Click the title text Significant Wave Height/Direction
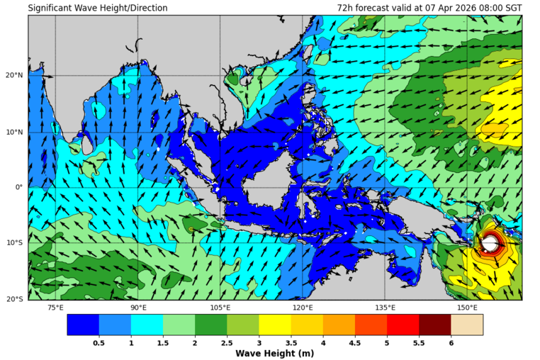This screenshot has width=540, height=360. click(x=98, y=8)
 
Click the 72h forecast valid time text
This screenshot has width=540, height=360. click(x=429, y=8)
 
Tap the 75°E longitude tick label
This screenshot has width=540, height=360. click(x=55, y=308)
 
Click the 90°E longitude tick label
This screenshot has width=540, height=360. click(x=138, y=308)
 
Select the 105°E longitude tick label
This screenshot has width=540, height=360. click(x=220, y=308)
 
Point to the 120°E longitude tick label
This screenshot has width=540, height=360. click(x=303, y=308)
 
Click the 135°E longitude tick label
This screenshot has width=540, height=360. click(x=385, y=308)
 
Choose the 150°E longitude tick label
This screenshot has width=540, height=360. click(x=467, y=308)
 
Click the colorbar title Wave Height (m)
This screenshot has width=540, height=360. click(x=275, y=353)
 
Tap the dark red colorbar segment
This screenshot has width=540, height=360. click(x=434, y=325)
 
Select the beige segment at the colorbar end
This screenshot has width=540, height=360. click(x=466, y=325)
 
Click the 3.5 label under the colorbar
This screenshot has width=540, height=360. click(x=291, y=342)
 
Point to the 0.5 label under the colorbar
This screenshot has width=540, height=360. click(x=99, y=342)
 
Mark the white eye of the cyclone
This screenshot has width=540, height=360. click(x=490, y=244)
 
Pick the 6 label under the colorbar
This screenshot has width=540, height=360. click(x=451, y=342)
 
